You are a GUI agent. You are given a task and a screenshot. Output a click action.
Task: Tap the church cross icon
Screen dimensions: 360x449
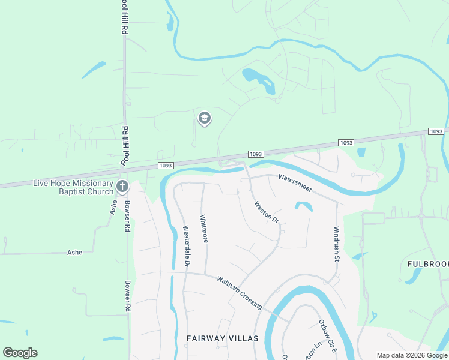(x=122, y=187)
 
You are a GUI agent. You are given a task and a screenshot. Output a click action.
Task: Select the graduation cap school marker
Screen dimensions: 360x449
(x=204, y=118)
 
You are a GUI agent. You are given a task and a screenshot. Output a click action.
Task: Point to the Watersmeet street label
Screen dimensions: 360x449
(x=295, y=182)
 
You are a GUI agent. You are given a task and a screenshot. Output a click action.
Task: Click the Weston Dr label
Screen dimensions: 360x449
(x=267, y=212)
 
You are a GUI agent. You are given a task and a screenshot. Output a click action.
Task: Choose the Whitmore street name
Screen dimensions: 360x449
(x=205, y=229)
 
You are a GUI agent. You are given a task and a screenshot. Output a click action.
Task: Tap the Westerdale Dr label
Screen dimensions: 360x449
(x=187, y=247)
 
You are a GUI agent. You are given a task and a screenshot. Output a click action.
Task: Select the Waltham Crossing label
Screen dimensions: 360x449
(x=240, y=292)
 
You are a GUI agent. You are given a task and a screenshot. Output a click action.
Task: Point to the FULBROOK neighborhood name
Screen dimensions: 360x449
(x=428, y=263)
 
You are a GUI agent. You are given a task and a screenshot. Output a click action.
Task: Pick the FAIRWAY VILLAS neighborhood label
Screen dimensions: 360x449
(x=222, y=338)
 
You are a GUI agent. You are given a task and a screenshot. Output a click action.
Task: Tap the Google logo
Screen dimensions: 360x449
(x=20, y=352)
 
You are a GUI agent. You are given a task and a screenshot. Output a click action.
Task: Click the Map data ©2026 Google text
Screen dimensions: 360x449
(x=411, y=355)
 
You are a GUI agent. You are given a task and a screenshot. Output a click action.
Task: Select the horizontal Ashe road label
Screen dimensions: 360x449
(x=74, y=253)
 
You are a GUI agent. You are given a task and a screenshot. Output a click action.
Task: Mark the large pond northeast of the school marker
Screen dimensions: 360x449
(x=259, y=79)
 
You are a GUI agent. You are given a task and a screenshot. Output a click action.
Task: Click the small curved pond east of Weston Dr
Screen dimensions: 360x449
(x=304, y=205)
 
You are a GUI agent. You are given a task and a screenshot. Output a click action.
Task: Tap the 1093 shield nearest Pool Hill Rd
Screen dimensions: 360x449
(x=166, y=165)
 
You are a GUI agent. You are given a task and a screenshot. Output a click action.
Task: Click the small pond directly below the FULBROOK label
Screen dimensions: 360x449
(x=414, y=275)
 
